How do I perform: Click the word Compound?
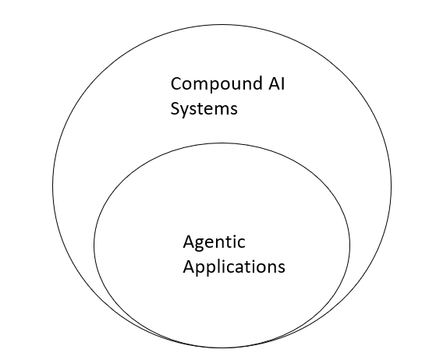(207, 83)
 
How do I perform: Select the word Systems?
(204, 108)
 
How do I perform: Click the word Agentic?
(214, 242)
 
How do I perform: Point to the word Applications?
(234, 267)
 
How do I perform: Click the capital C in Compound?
(176, 83)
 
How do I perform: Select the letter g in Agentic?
(198, 244)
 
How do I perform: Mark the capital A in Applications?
(189, 266)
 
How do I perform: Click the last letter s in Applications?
(281, 267)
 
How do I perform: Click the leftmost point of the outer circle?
(53, 187)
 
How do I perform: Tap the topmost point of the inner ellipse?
(222, 143)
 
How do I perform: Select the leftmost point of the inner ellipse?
(94, 245)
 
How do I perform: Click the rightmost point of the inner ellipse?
(350, 245)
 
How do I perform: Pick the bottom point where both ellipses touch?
(222, 347)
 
